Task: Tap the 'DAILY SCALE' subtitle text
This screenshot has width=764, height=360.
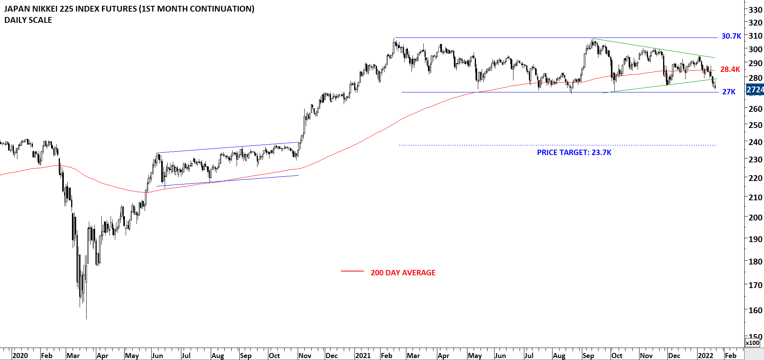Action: [x=28, y=20]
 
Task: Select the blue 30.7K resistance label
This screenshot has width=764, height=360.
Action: [x=731, y=36]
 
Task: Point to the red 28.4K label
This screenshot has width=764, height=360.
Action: [x=730, y=69]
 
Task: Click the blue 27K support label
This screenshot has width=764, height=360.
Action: [x=729, y=92]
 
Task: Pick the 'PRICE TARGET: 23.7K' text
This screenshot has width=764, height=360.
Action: [x=574, y=152]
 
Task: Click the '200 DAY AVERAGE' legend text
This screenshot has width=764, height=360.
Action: [x=403, y=273]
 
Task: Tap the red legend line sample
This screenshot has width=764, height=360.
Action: [x=352, y=271]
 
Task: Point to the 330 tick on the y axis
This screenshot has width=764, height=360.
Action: [x=755, y=10]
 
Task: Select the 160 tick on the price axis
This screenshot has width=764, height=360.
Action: [x=755, y=310]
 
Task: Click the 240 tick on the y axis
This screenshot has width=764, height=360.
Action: [x=755, y=142]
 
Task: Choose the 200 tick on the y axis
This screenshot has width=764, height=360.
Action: [x=755, y=217]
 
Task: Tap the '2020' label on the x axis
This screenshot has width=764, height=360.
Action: [x=20, y=355]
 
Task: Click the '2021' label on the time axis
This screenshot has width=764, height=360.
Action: [x=363, y=355]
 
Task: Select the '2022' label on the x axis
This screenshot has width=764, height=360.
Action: [x=706, y=355]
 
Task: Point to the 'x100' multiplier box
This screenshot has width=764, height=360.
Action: [x=753, y=343]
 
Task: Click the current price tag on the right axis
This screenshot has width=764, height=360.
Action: [x=755, y=90]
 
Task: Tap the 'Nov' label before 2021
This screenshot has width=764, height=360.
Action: [x=305, y=355]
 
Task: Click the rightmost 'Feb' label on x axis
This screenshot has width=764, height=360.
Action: [x=730, y=355]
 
